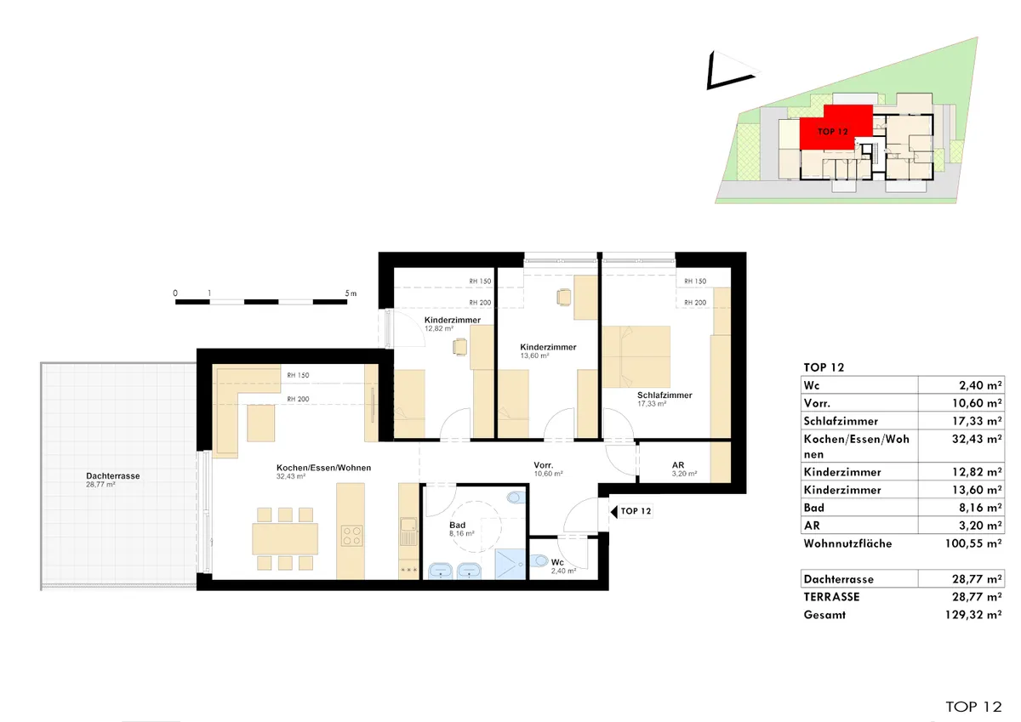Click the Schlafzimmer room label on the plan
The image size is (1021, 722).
tap(665, 395)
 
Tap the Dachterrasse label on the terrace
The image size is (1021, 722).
tap(113, 476)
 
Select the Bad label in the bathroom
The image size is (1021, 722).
tap(457, 526)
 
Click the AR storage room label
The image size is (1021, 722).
tap(678, 465)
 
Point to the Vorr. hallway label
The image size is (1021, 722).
tap(544, 465)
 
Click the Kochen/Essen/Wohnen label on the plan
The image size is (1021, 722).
tap(323, 468)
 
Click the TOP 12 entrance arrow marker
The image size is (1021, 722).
tap(614, 512)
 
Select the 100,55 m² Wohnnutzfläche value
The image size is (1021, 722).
tap(973, 543)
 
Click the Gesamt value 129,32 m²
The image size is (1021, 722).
tap(973, 615)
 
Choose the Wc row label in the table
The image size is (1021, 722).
tap(812, 385)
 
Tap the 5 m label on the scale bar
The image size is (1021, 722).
tap(351, 293)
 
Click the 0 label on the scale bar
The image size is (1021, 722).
tap(175, 293)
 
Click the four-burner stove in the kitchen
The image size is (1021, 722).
tap(352, 536)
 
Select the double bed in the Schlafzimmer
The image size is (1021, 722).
tap(636, 356)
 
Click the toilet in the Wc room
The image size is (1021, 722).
tap(539, 560)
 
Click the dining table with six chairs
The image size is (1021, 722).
tap(285, 539)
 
